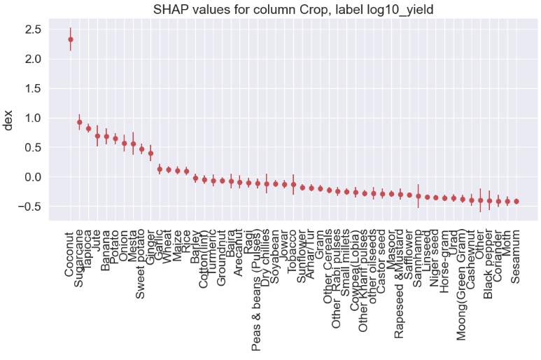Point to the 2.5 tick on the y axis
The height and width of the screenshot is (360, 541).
[x=32, y=29]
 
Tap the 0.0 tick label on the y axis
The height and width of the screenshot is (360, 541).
[x=32, y=176]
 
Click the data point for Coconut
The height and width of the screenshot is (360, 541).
[x=71, y=39]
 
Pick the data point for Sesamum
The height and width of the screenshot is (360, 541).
[x=517, y=201]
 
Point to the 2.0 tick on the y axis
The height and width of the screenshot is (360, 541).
[x=32, y=59]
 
